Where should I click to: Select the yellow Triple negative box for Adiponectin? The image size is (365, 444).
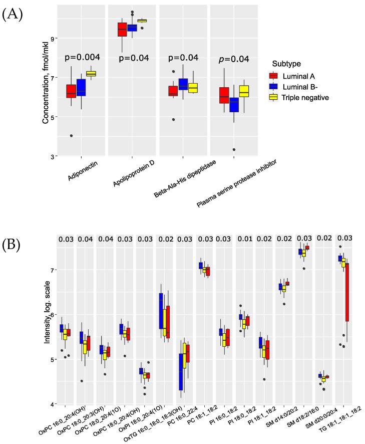(91, 74)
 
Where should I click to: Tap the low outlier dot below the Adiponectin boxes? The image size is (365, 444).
(71, 136)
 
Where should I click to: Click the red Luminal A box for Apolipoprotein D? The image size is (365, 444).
(122, 30)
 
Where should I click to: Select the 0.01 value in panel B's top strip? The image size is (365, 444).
(244, 239)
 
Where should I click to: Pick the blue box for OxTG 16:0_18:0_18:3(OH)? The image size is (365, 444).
(161, 311)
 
